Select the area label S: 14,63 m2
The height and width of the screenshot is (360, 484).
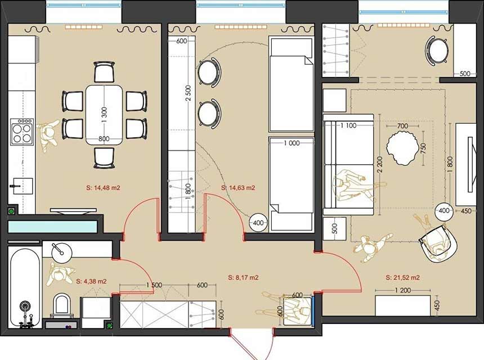[238, 188]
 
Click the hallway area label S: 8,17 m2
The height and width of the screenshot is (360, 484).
[243, 277]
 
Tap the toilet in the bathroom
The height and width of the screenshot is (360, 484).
[61, 307]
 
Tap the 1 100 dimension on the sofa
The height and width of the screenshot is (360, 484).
[348, 125]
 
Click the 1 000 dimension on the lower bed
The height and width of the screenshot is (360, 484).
[292, 143]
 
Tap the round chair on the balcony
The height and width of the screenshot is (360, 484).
[438, 51]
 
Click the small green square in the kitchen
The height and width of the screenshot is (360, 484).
[12, 211]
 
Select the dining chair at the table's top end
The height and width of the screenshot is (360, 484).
[105, 72]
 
